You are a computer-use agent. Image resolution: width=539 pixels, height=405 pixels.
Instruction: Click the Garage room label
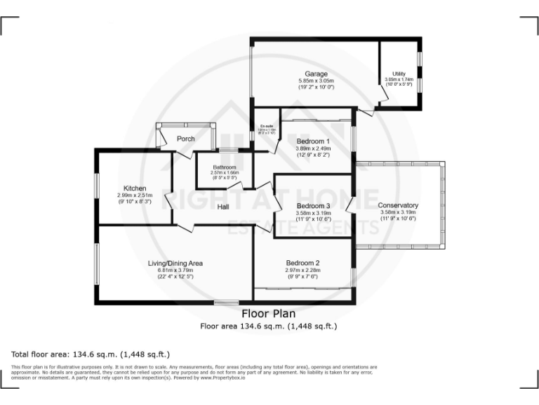[316, 74]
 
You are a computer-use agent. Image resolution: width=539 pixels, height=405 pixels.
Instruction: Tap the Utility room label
[399, 74]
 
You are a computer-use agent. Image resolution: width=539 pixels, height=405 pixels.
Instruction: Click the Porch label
[186, 139]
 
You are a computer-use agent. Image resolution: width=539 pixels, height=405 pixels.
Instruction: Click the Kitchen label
[135, 188]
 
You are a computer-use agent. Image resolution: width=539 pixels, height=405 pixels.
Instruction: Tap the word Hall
[223, 207]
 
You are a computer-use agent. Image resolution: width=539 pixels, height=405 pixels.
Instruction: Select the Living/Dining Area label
[175, 263]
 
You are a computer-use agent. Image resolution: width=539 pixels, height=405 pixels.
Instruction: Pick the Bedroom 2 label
[302, 263]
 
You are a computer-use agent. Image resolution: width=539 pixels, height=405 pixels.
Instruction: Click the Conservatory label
[399, 205]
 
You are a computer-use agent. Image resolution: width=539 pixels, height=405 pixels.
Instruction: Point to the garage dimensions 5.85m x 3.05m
[316, 81]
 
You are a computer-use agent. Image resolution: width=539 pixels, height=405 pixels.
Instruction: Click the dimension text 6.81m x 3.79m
[175, 270]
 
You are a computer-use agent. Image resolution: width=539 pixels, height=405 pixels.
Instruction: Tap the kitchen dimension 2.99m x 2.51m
[135, 195]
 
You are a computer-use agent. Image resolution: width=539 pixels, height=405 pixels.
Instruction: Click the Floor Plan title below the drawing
[269, 314]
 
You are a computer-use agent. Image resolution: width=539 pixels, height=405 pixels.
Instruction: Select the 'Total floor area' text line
[91, 354]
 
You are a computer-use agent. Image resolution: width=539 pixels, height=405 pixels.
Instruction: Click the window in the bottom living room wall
[227, 303]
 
